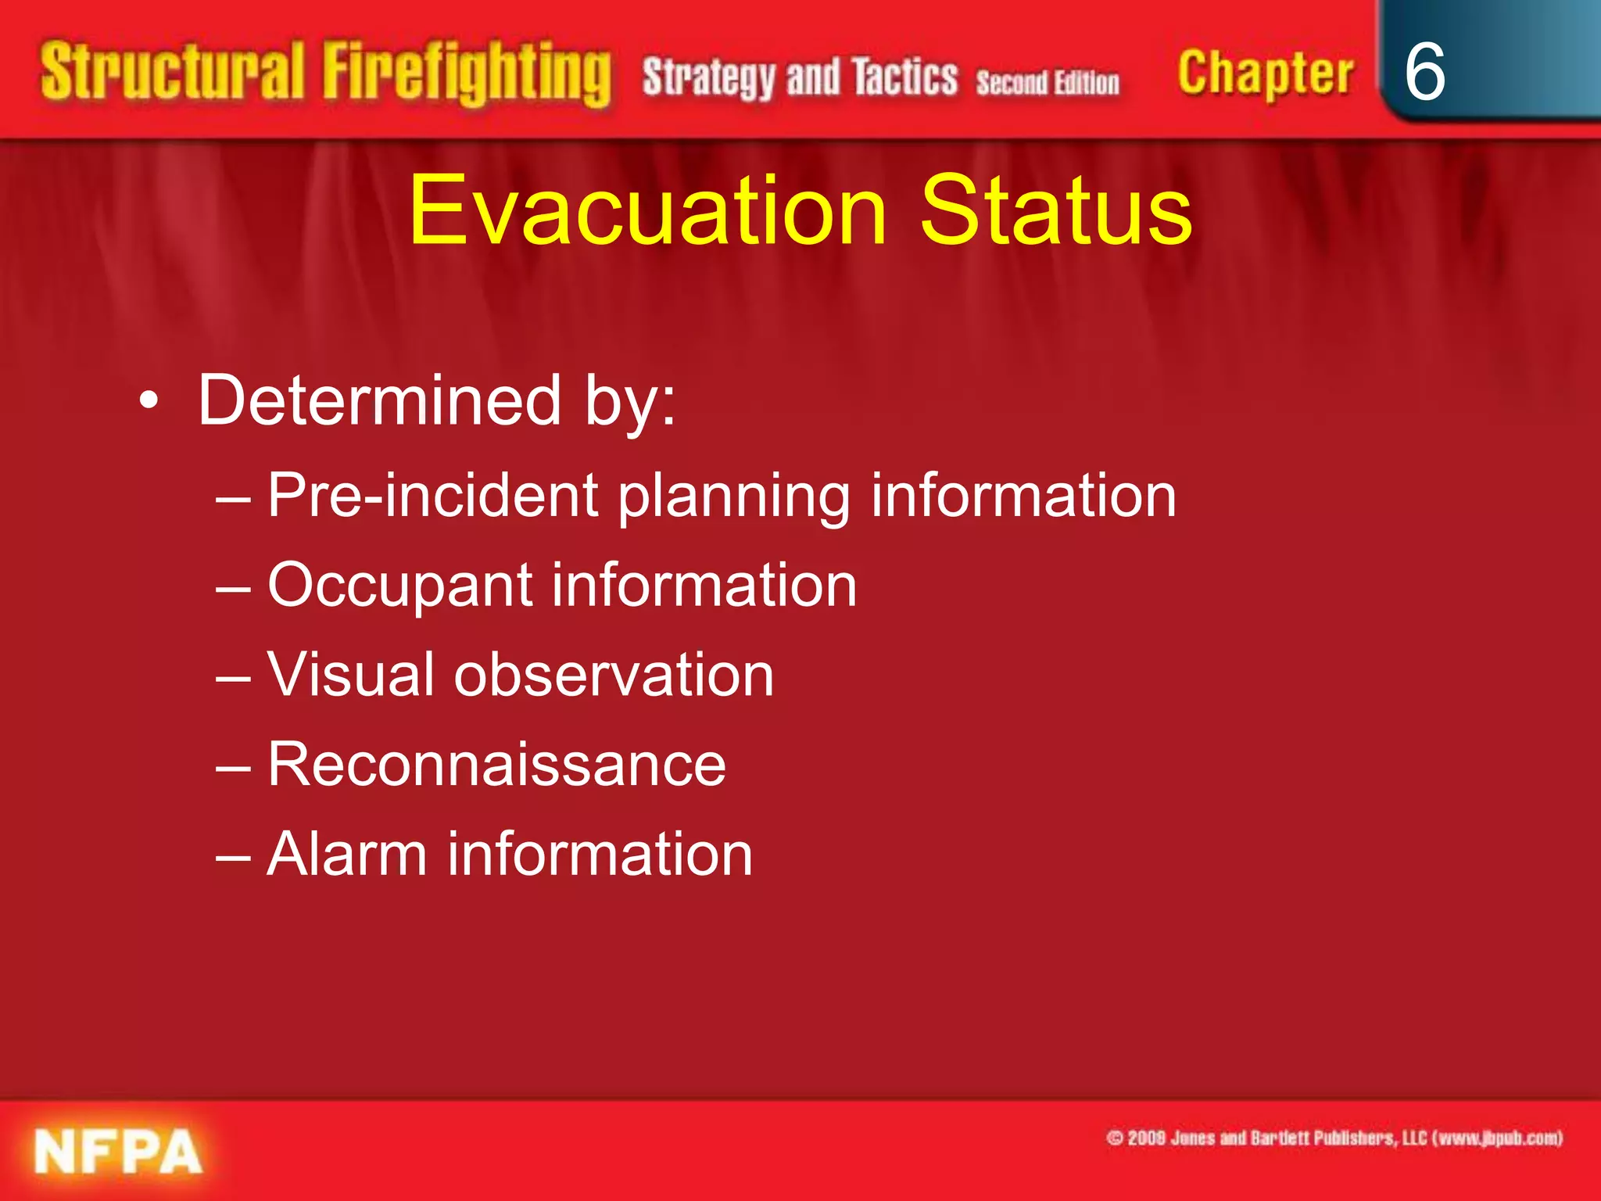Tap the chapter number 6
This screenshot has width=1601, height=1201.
click(1424, 72)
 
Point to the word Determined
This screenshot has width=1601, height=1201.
click(380, 400)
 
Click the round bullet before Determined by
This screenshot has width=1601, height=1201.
click(149, 402)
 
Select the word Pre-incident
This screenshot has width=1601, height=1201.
click(433, 496)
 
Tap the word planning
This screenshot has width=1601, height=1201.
click(733, 497)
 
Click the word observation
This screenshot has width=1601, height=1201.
click(614, 675)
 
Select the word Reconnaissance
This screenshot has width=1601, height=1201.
click(496, 765)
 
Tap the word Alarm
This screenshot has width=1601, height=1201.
click(346, 855)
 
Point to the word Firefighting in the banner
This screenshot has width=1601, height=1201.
click(467, 74)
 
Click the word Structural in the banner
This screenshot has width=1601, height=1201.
click(172, 72)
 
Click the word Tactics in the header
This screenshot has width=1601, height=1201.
click(904, 78)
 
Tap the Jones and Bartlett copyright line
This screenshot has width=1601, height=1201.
click(1334, 1138)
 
